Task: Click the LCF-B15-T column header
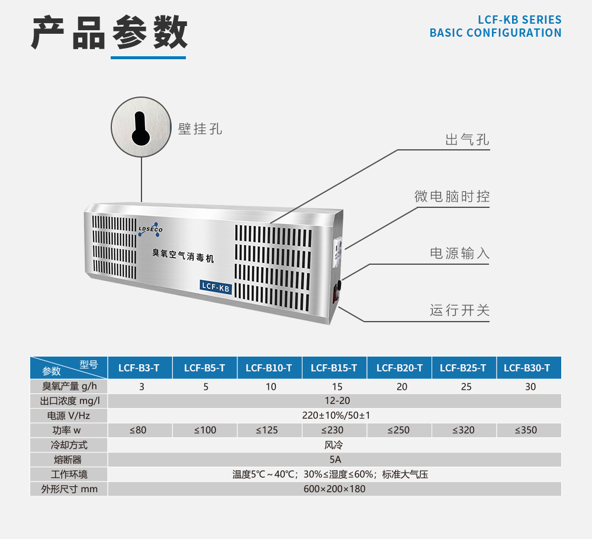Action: [x=334, y=368]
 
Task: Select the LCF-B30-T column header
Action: [x=527, y=368]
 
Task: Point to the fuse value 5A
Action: [x=334, y=459]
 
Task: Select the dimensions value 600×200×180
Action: [x=334, y=489]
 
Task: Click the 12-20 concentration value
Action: [x=334, y=401]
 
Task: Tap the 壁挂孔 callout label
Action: [x=200, y=129]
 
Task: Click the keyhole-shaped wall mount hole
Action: [x=141, y=128]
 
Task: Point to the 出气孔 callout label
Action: [x=467, y=140]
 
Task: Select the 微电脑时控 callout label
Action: [x=452, y=196]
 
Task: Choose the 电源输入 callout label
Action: [x=459, y=254]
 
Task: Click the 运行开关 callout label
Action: [x=459, y=310]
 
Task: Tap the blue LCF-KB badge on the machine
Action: [x=215, y=286]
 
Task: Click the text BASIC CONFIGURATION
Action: [x=496, y=33]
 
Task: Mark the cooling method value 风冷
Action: [x=334, y=444]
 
